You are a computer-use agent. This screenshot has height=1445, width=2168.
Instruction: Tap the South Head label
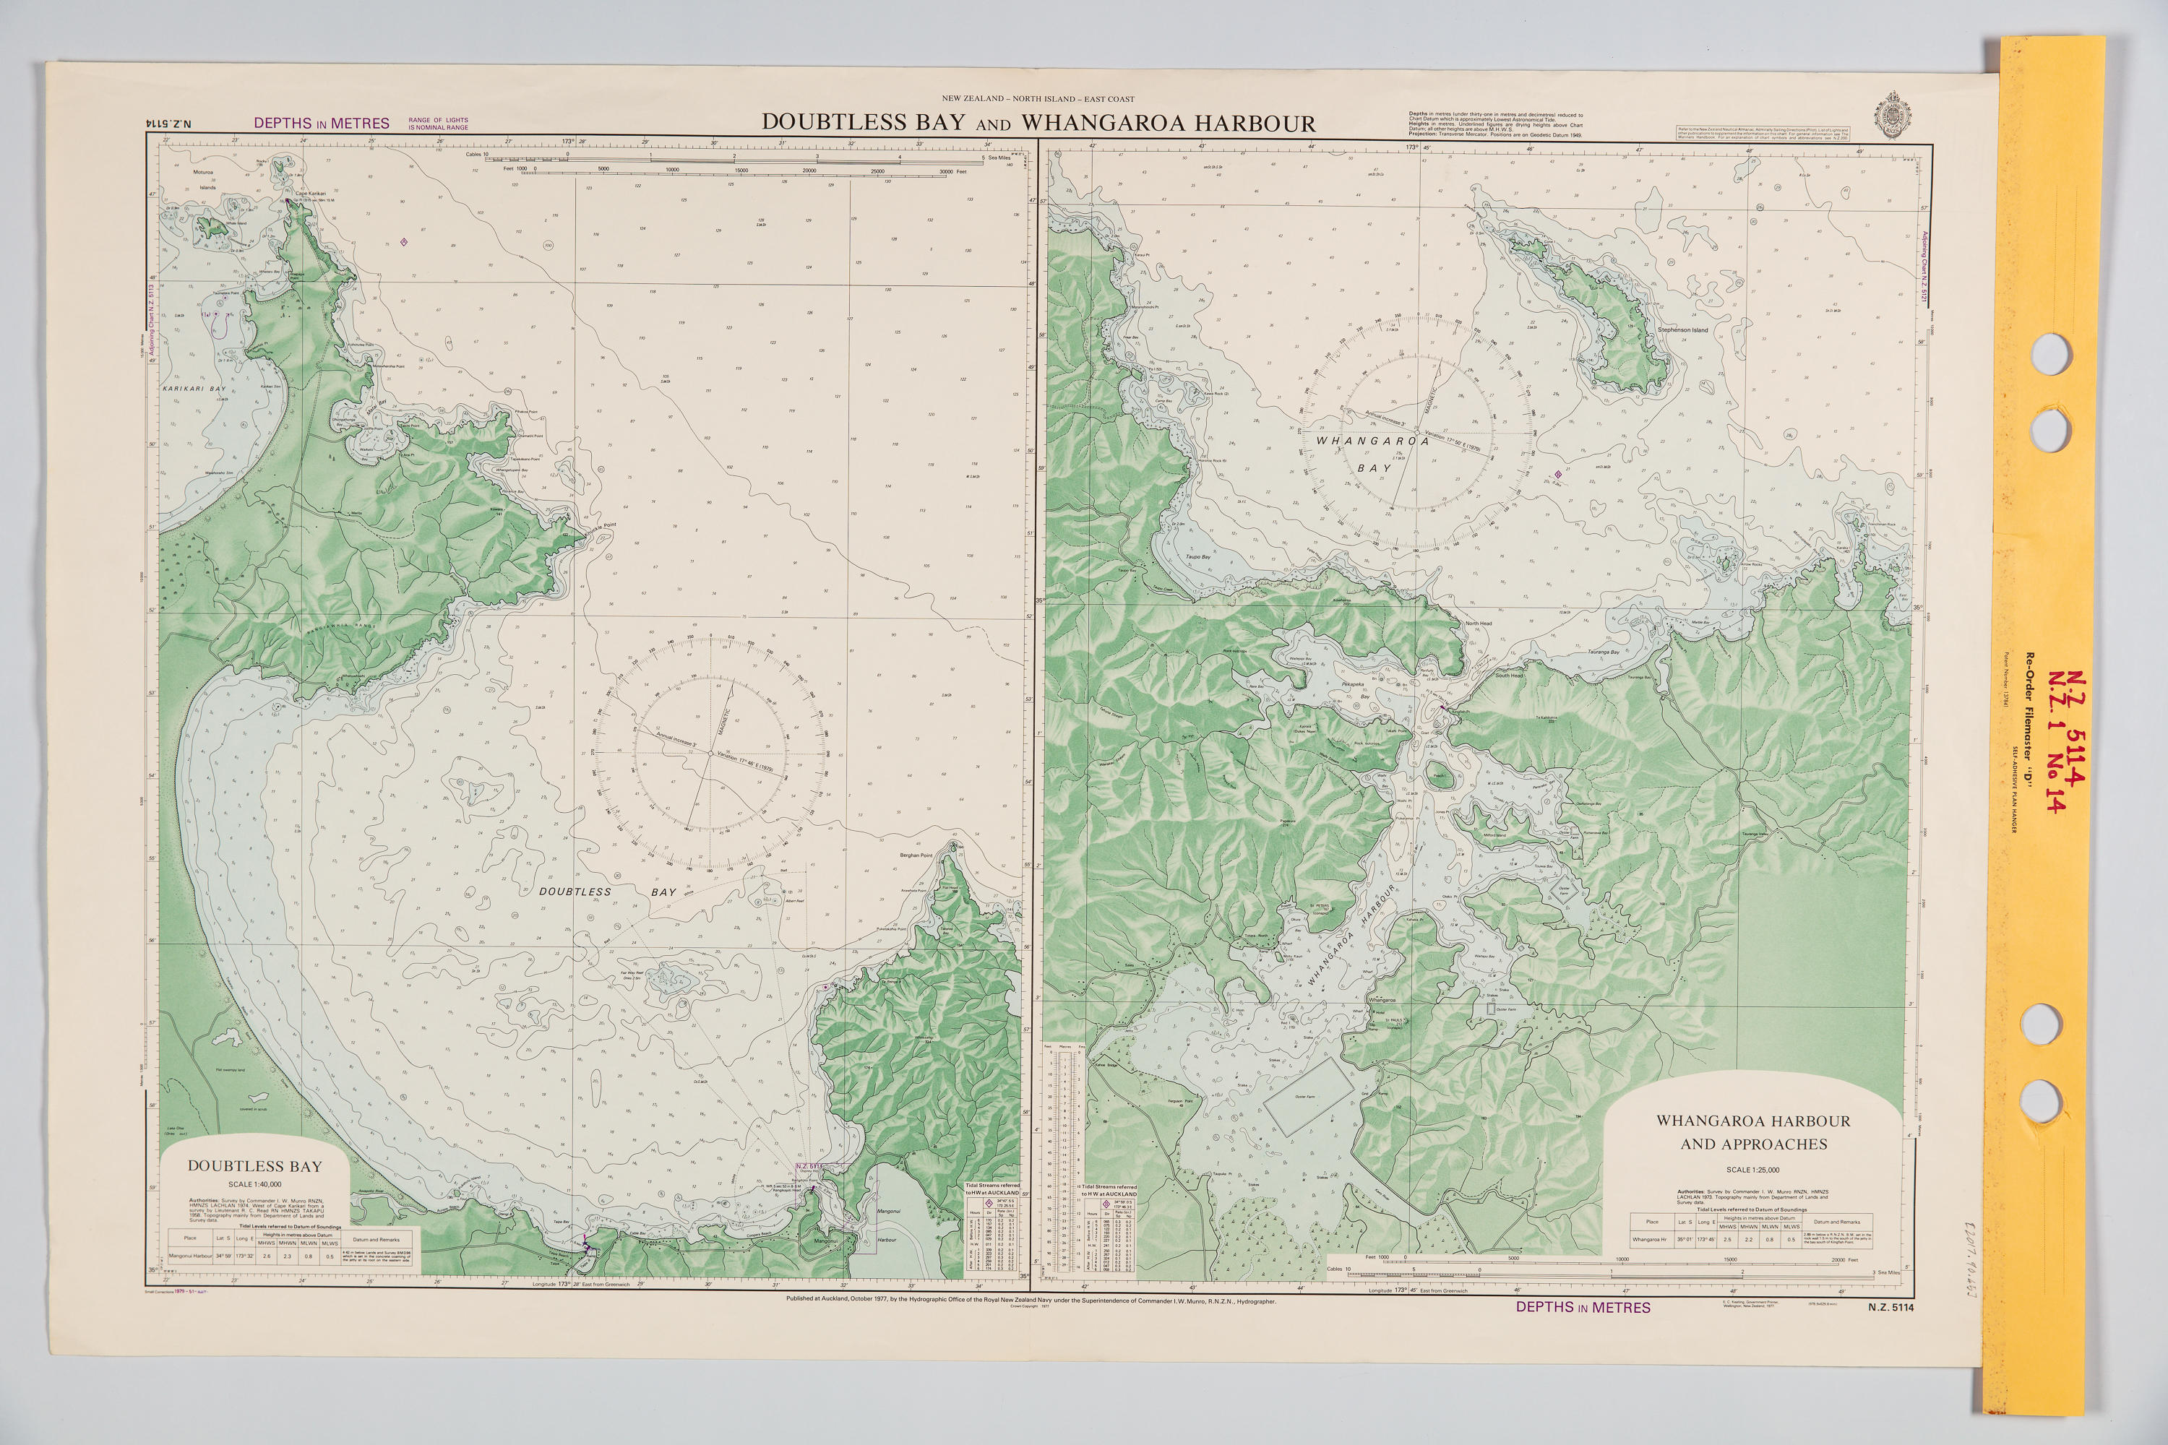point(1509,676)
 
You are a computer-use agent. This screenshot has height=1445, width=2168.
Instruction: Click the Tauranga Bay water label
point(1603,652)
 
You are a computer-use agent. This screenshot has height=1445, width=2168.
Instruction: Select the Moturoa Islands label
point(204,178)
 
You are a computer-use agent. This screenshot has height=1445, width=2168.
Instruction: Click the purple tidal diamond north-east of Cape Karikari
point(404,242)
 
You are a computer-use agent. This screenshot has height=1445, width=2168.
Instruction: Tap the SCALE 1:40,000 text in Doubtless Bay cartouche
point(254,1184)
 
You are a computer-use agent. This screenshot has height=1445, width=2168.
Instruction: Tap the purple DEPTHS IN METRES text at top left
point(322,124)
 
